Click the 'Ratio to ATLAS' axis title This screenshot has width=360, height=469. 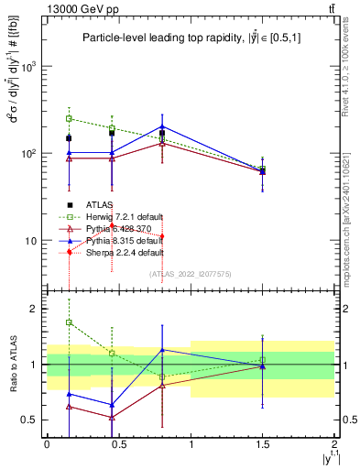point(14,364)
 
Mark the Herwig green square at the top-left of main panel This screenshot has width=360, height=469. point(69,118)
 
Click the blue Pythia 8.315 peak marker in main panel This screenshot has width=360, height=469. point(162,126)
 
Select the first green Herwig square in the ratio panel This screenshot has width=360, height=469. point(69,322)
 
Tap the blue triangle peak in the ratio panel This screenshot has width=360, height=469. point(162,349)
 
